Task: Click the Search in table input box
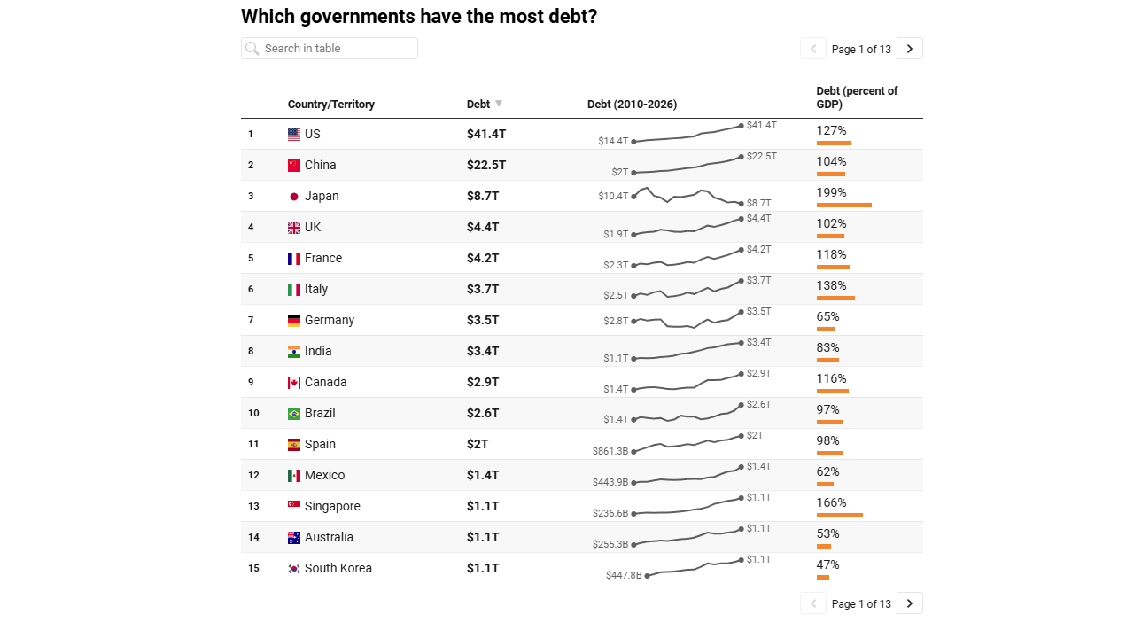tap(329, 49)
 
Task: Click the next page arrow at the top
tap(910, 49)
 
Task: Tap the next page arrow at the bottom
tap(910, 603)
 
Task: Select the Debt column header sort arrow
tap(499, 104)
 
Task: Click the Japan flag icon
tap(293, 197)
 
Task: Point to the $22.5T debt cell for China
tap(486, 165)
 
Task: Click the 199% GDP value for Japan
tap(831, 193)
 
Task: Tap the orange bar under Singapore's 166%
tap(839, 516)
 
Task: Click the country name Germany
tap(329, 321)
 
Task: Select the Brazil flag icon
tap(293, 414)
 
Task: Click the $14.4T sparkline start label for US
tap(613, 141)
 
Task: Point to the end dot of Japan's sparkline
tap(742, 204)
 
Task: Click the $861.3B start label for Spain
tap(610, 451)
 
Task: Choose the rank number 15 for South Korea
tap(253, 568)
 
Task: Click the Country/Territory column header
tap(331, 105)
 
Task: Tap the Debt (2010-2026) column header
tap(632, 105)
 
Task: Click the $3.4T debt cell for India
tap(483, 352)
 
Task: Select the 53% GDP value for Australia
tap(827, 533)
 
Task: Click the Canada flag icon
tap(293, 383)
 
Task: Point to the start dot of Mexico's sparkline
tap(633, 483)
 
